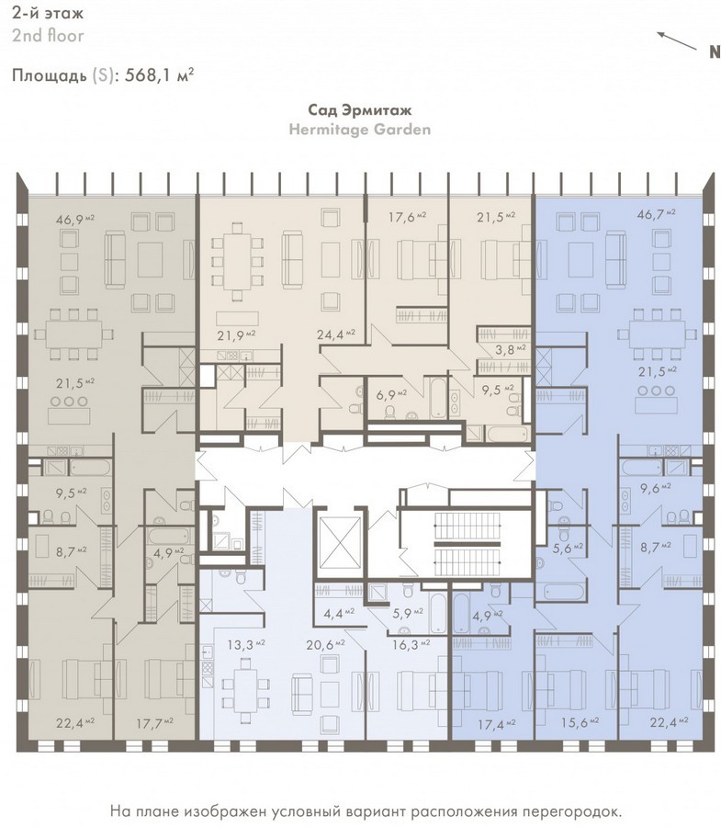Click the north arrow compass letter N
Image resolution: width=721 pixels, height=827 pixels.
[x=715, y=51]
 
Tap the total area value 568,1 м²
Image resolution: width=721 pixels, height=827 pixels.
[x=159, y=75]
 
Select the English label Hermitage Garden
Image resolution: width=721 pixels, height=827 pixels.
[x=359, y=130]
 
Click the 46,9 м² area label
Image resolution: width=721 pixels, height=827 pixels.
[x=74, y=219]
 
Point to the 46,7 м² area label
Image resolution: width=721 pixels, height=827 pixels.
[x=656, y=213]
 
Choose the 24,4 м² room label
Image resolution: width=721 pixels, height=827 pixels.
[x=336, y=334]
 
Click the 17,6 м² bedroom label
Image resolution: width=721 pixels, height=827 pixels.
[x=408, y=216]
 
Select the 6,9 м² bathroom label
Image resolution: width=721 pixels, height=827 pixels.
[x=391, y=394]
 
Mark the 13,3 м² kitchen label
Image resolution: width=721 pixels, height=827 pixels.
[x=246, y=644]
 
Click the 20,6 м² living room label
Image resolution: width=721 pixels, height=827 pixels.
[x=325, y=644]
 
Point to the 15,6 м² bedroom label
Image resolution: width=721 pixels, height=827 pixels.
[x=580, y=722]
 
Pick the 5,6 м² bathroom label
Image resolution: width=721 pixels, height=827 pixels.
[x=568, y=548]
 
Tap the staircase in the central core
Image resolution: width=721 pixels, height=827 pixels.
[x=467, y=543]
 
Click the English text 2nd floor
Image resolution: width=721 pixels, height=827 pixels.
[x=48, y=36]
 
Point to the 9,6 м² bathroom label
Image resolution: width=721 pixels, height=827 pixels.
[x=655, y=487]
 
